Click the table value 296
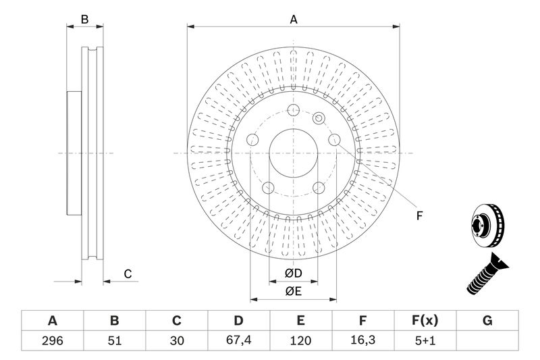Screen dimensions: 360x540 coord(52,340)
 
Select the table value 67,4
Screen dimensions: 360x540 coord(238,340)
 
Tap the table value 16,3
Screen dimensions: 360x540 coord(362,340)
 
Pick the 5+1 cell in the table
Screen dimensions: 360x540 coord(425,340)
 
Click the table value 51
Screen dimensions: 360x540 coord(114,340)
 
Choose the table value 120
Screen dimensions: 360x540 coord(300,340)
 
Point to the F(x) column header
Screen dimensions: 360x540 coord(425,321)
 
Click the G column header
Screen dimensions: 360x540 coord(487,321)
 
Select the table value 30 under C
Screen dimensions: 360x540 coord(176,340)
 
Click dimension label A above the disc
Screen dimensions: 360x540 coord(294,20)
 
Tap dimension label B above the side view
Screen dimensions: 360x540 coord(85,20)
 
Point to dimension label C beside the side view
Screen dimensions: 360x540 coord(127,274)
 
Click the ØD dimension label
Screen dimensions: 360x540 coord(292,274)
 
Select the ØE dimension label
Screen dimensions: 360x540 coord(292,292)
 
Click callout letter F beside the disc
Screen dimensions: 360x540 coord(418,216)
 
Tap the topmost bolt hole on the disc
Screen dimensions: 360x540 coord(293,111)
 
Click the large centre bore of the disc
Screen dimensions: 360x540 coord(293,153)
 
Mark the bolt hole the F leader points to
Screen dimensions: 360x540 coord(333,140)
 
